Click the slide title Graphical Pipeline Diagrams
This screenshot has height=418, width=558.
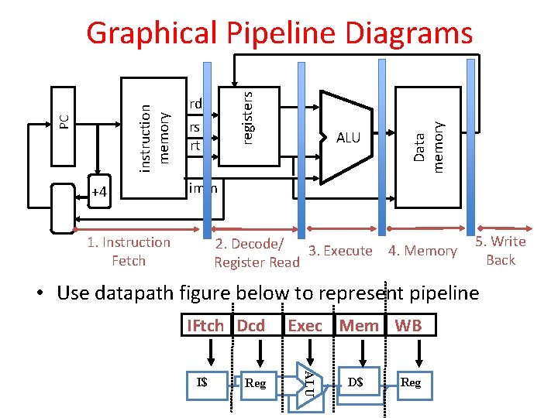[x=279, y=33]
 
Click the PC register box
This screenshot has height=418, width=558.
[x=65, y=122]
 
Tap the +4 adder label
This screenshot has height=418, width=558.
[x=99, y=191]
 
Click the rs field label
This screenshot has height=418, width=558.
[x=195, y=127]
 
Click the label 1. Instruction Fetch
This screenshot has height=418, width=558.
[x=129, y=252]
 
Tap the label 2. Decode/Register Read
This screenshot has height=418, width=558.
[x=256, y=253]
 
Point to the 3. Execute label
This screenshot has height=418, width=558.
[x=340, y=250]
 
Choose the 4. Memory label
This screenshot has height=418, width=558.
[x=422, y=250]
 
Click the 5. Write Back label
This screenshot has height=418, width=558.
[x=501, y=250]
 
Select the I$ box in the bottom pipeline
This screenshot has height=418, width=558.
[x=201, y=381]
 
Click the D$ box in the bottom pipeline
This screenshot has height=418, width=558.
[x=356, y=381]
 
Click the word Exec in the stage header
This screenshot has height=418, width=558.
[x=305, y=325]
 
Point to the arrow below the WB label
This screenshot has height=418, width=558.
[x=419, y=352]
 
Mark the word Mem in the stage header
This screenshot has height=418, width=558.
[x=359, y=325]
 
